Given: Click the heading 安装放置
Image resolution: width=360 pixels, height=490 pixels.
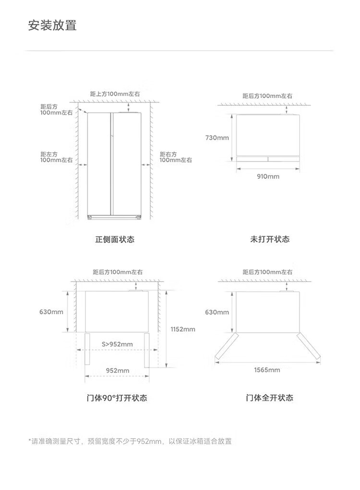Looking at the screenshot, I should pos(52,25).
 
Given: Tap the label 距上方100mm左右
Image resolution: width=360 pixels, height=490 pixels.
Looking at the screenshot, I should pos(115,94).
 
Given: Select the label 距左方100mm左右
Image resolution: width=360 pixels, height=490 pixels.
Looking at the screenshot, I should pos(56,157).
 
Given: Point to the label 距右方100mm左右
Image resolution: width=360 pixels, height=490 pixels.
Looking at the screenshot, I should pos(176,157).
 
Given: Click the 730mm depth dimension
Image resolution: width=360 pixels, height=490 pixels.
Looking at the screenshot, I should pos(217,138).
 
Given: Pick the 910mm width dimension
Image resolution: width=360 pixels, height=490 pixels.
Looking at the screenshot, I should pos(268,176).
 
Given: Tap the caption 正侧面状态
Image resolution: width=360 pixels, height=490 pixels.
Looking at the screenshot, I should pos(115,239).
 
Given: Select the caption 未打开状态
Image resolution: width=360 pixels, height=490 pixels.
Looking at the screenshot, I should pos(270,239).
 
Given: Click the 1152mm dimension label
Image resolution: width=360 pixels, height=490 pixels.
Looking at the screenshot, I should pos(183,329).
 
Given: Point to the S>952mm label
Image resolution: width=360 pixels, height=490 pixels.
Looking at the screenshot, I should pos(117,344).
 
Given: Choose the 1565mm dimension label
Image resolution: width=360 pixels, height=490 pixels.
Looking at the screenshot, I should pos(267,370).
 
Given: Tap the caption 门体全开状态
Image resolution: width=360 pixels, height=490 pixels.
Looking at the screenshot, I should pos(269,398).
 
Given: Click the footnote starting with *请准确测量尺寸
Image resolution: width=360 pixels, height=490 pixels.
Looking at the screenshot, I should pos(130,441).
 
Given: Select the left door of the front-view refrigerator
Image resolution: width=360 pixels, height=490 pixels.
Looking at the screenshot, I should pos(99,163).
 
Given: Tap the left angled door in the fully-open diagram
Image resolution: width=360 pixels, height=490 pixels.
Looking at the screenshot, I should pos(225,347).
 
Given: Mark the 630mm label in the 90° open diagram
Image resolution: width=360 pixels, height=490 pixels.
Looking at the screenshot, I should pos(51,312).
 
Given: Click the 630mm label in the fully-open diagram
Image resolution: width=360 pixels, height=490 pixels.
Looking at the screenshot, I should pos(217,312).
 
